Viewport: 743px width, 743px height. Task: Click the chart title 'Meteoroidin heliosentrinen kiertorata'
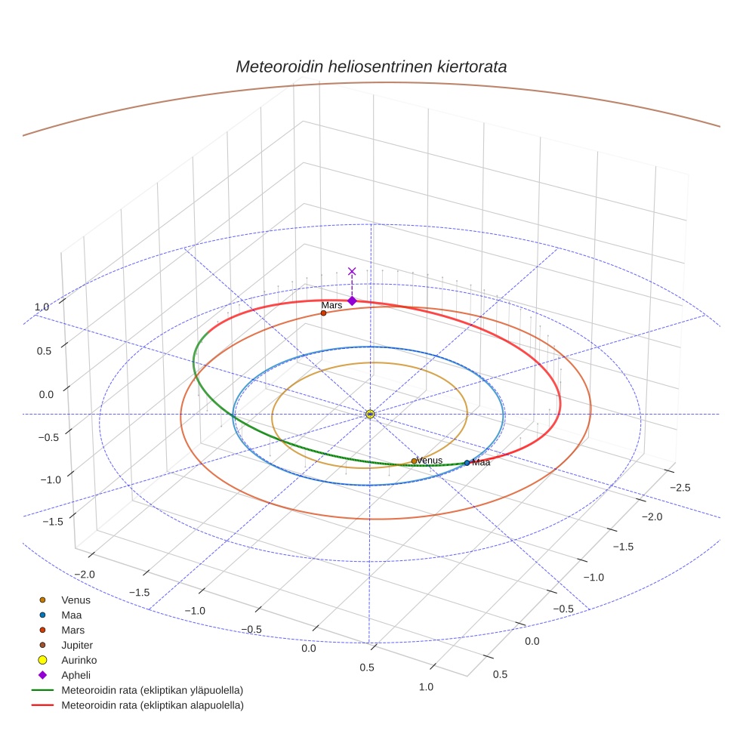[x=371, y=66]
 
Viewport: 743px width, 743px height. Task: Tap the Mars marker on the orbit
[x=323, y=313]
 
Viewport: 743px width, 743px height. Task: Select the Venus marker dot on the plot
[x=414, y=461]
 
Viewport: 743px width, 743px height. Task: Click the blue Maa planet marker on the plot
[x=467, y=462]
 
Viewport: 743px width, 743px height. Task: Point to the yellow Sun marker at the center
[x=370, y=414]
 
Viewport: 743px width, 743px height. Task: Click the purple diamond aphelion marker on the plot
[x=352, y=301]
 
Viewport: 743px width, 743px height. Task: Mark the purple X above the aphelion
[x=352, y=271]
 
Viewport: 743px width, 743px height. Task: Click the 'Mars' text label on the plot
[x=331, y=305]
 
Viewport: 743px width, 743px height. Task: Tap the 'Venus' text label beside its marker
[x=430, y=461]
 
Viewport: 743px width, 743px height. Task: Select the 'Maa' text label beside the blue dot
[x=481, y=463]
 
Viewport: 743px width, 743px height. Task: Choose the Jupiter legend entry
[x=77, y=645]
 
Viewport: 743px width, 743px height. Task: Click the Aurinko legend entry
[x=79, y=660]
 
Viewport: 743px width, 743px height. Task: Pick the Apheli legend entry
[x=76, y=675]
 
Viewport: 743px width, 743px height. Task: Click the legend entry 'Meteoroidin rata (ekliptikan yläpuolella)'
[x=152, y=690]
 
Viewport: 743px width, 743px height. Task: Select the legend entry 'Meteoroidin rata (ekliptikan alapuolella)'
[x=152, y=705]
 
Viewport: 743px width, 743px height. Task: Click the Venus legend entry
[x=76, y=600]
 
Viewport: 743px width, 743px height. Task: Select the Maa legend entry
[x=72, y=615]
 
